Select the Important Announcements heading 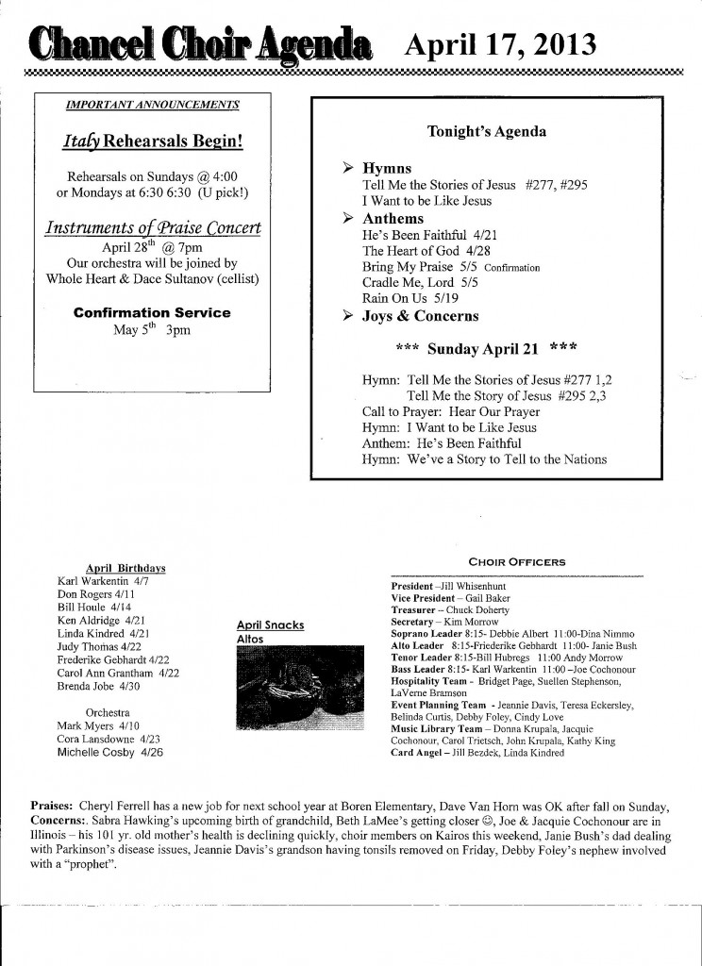coord(152,106)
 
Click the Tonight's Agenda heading coord(487,132)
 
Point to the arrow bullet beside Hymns coord(347,168)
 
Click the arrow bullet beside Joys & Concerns coord(347,316)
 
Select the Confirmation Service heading coord(152,312)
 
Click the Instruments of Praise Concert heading coord(153,228)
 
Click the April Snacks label coord(270,625)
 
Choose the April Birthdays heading coord(125,568)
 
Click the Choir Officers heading coord(516,562)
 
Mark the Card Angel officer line coord(477,753)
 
